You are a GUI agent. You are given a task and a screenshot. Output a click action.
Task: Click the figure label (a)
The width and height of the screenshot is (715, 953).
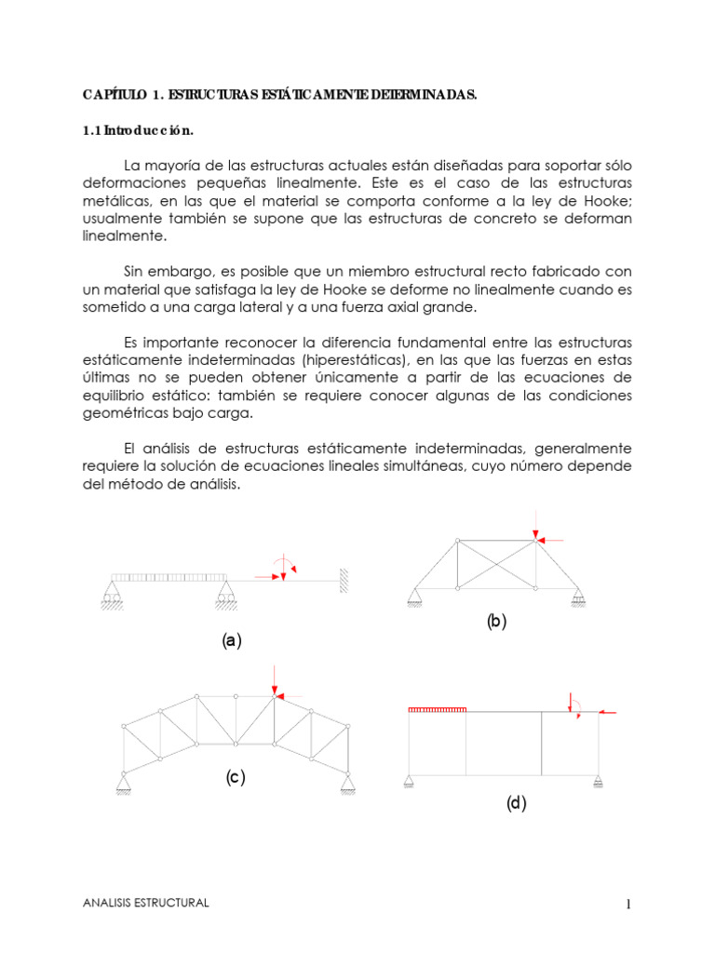[x=231, y=640]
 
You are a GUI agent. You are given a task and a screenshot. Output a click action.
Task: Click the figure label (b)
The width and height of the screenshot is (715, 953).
[x=496, y=623]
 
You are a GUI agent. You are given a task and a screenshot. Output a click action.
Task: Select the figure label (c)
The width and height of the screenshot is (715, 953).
[x=235, y=777]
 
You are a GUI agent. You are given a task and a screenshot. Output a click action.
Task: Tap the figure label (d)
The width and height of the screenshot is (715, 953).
[x=517, y=804]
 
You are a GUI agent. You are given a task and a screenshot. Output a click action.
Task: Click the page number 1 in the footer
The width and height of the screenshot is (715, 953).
[x=628, y=904]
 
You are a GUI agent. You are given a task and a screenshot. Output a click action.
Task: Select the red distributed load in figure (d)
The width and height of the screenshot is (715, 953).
[x=437, y=710]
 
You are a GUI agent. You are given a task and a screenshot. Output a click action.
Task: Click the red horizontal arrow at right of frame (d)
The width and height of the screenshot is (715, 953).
[x=608, y=713]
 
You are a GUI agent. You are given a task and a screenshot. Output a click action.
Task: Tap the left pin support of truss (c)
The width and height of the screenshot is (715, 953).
[x=123, y=784]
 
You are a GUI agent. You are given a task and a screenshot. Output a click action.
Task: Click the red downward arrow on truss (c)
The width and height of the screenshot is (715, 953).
[x=275, y=678]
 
